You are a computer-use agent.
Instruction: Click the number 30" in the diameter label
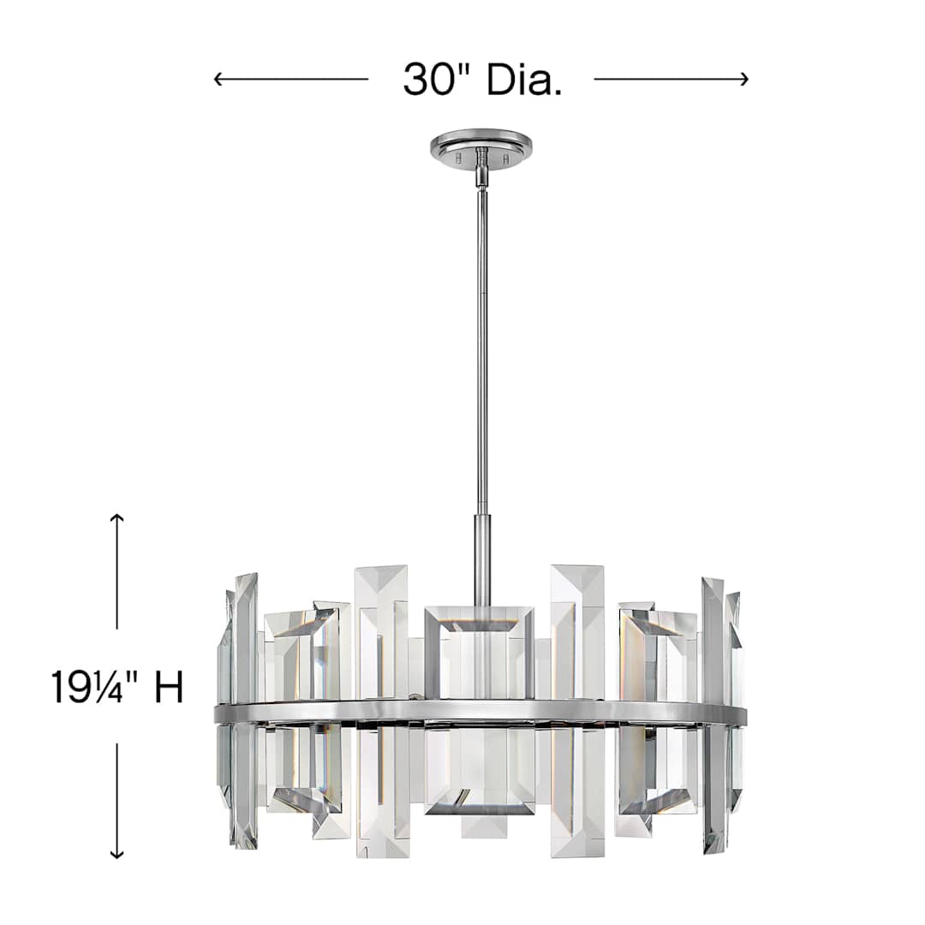pos(439,80)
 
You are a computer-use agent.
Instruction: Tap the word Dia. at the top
pos(524,80)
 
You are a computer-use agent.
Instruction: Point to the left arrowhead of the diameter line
pos(218,80)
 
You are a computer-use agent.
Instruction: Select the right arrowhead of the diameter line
pos(743,80)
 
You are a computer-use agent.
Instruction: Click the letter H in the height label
pos(169,687)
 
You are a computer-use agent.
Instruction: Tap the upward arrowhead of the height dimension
pos(117,519)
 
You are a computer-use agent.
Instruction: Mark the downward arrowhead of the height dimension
pos(117,853)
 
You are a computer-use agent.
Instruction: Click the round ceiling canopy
pos(480,144)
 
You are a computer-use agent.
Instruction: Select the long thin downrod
pos(481,343)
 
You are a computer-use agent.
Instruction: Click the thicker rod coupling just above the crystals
pos(482,557)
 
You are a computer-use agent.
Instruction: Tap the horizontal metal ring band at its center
pos(480,712)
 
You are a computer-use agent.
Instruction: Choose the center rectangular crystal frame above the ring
pos(479,651)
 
